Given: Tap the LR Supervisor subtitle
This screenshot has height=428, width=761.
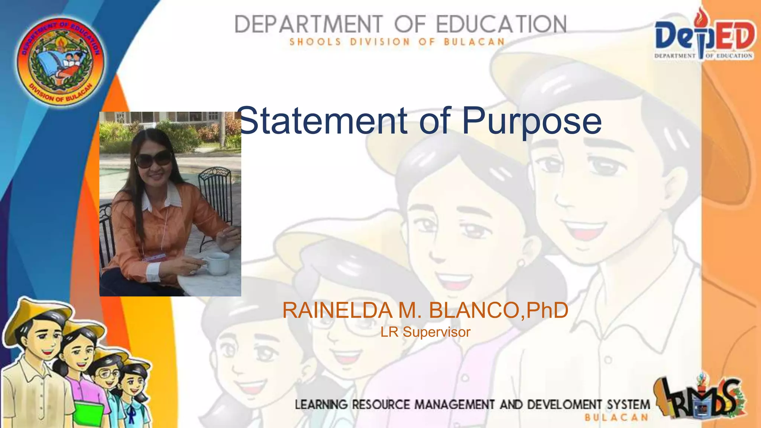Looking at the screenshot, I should coord(425,332).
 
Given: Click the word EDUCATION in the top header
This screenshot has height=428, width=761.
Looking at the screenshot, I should coord(501,25).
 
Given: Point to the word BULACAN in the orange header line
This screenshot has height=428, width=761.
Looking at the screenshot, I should coord(474,42).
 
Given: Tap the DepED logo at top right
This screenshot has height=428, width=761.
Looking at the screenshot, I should coord(704,37).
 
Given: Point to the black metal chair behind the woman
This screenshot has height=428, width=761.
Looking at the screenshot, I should coord(216,193).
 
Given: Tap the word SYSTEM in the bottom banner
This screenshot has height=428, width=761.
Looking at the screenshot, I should coord(628,404).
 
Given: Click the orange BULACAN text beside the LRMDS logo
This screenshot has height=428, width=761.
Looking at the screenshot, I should coord(616,418).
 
